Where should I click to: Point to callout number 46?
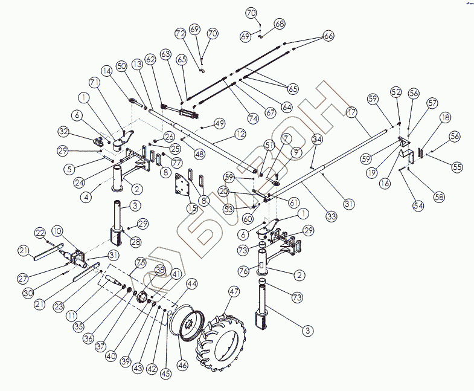(x=182, y=366)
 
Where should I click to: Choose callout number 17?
(x=352, y=112)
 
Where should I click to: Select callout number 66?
(x=328, y=36)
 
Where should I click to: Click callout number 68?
(x=280, y=24)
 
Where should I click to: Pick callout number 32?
(x=80, y=132)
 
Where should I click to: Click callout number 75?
(x=140, y=263)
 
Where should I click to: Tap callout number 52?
(x=396, y=92)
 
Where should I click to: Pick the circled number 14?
(x=106, y=70)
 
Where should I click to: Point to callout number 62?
(x=150, y=59)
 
